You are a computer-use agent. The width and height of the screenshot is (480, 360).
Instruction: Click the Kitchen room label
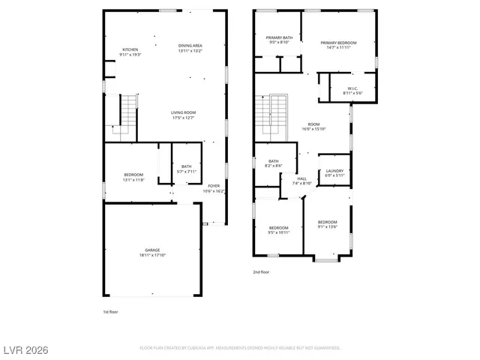coord(130,52)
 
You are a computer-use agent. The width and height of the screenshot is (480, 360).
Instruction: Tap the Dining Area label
coord(190,48)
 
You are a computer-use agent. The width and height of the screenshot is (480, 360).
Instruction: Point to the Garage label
coord(152,252)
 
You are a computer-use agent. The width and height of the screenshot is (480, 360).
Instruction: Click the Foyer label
coord(214,188)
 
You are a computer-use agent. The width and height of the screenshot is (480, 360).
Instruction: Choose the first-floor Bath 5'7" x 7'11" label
coord(186,169)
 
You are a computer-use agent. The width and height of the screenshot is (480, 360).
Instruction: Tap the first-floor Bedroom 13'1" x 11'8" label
coord(133,177)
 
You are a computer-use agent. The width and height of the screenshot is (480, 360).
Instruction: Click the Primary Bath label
coord(278,40)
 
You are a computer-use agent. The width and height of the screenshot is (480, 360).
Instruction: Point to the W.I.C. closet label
coord(352,90)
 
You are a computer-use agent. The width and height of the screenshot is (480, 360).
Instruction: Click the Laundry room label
coord(334,173)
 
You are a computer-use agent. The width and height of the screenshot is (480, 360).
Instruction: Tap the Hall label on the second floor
coord(301,181)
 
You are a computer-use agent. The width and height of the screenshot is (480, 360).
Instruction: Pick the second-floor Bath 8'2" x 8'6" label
coord(274,163)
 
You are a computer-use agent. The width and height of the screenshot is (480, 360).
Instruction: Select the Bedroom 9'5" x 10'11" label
coord(279,229)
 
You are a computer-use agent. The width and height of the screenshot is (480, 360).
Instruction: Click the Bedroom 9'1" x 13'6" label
coord(327,224)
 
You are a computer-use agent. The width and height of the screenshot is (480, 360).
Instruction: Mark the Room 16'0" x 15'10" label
coord(313,127)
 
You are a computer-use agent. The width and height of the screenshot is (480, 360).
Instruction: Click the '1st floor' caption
coord(110,311)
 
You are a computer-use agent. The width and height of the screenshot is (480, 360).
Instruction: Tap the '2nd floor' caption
coord(261,272)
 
